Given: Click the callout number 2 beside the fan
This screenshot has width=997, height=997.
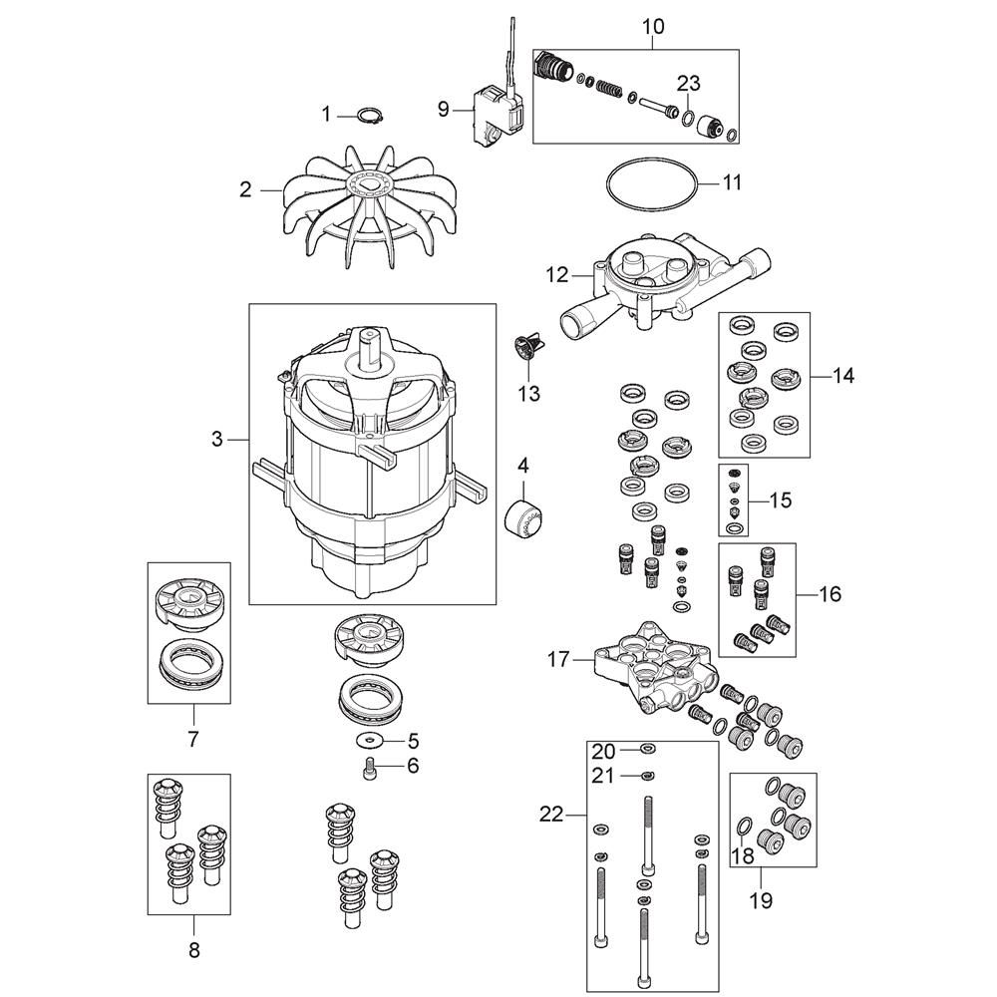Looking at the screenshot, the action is (x=245, y=189).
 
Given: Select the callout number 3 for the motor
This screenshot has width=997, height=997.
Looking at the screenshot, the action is (x=217, y=439).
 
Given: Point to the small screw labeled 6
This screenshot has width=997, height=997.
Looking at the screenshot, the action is (x=368, y=771).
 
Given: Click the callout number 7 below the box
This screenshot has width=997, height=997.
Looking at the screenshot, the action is (x=193, y=739).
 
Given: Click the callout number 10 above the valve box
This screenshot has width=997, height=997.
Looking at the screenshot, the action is (x=653, y=26).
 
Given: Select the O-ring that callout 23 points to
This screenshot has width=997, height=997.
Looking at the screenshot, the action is (x=688, y=119).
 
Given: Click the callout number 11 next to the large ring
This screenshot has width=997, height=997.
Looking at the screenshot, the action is (x=732, y=182).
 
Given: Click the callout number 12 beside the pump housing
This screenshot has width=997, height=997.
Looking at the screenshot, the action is (x=557, y=275).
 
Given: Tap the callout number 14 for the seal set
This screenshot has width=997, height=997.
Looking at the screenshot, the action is (x=843, y=376).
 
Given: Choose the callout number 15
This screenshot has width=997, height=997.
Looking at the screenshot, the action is (x=781, y=500).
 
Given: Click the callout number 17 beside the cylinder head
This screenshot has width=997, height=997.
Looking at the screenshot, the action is (x=559, y=659).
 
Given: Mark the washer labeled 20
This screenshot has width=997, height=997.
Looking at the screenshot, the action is (x=647, y=749).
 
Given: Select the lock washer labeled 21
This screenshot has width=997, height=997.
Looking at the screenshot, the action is (x=647, y=775).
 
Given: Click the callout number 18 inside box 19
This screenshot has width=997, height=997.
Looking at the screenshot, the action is (x=742, y=855).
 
